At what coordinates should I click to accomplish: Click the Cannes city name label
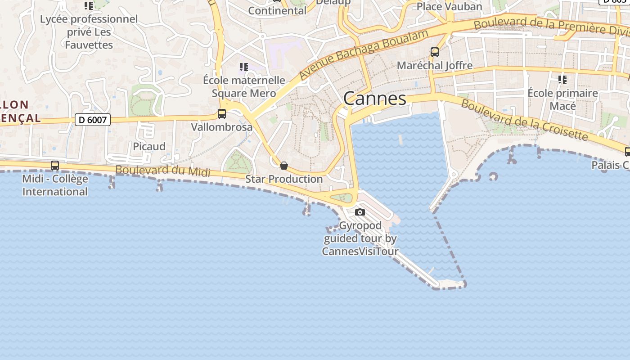[374, 99]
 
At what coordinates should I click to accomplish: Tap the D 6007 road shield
[92, 120]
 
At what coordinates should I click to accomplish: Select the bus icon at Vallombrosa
[222, 114]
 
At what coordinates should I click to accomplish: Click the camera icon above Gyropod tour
[360, 212]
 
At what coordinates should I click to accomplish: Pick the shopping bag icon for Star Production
[284, 166]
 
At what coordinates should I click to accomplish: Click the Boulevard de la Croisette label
[524, 119]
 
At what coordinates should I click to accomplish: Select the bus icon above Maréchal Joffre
[435, 52]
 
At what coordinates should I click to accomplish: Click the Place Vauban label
[449, 6]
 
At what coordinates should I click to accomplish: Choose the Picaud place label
[149, 146]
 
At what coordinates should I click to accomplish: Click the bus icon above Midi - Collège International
[55, 166]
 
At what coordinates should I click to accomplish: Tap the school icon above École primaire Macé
[562, 80]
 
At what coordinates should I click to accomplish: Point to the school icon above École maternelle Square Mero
[244, 67]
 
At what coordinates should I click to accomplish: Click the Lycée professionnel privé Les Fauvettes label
[89, 32]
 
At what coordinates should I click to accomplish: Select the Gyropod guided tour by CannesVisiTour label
[360, 238]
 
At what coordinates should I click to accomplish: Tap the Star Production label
[284, 179]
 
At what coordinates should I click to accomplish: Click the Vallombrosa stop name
[222, 127]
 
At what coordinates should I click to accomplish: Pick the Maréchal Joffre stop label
[435, 65]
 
